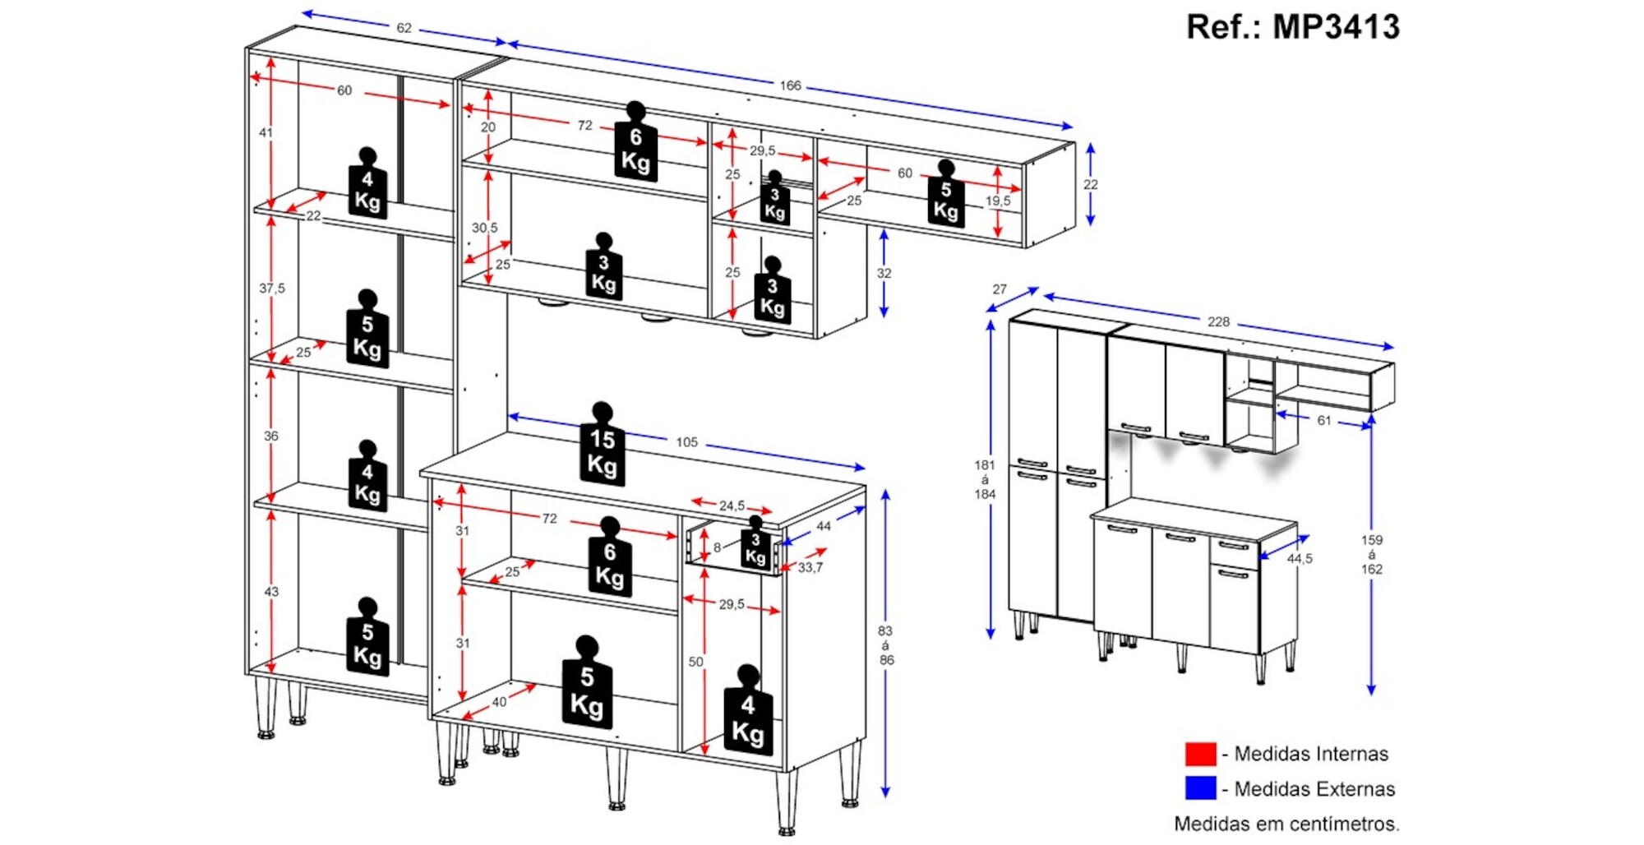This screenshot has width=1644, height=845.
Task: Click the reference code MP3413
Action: (x=1292, y=27)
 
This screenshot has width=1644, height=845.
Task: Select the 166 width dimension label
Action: (x=790, y=85)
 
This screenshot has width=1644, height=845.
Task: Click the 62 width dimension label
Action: (x=404, y=28)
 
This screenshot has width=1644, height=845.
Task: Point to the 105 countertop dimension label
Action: (x=686, y=442)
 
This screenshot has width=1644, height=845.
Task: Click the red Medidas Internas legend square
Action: (x=1200, y=754)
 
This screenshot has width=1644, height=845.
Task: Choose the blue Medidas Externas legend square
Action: (x=1200, y=788)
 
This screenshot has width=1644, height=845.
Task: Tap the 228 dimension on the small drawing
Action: (x=1218, y=322)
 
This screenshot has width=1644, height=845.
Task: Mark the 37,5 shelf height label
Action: (x=272, y=289)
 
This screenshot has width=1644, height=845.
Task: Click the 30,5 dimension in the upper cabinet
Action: (x=484, y=228)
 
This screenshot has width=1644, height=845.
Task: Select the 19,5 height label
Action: (x=998, y=201)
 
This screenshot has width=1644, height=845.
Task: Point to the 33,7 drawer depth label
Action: (x=810, y=567)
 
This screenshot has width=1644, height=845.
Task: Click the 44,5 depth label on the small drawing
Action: (x=1300, y=559)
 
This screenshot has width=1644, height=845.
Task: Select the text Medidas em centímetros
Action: (x=1286, y=824)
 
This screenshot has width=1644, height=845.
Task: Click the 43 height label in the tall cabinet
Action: (x=271, y=592)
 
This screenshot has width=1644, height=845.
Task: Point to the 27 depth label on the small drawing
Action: (x=999, y=289)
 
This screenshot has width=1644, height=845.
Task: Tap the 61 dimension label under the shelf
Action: (x=1323, y=421)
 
